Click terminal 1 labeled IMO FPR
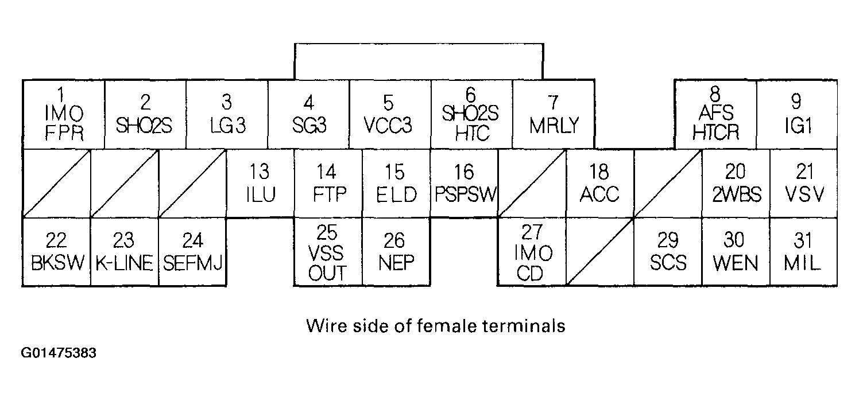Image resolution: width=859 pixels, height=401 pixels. (x=63, y=115)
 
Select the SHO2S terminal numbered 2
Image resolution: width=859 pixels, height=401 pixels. (x=145, y=115)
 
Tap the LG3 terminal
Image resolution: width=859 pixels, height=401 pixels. (x=227, y=115)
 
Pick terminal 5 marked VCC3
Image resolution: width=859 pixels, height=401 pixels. (x=389, y=115)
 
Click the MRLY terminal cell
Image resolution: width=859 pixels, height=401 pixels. (x=552, y=115)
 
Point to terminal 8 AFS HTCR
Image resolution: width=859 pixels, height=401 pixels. (x=715, y=115)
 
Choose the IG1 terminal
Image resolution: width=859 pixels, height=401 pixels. (x=796, y=115)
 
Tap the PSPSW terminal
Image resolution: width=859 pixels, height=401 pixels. (x=464, y=184)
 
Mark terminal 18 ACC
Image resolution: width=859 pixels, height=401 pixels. (x=599, y=184)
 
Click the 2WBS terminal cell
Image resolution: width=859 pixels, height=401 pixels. (x=736, y=184)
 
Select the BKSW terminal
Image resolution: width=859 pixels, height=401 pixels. (x=57, y=252)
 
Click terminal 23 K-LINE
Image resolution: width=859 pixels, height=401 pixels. (x=124, y=252)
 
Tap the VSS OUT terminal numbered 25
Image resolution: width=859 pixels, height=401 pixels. (x=328, y=252)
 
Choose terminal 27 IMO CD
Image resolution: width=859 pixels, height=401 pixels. (x=531, y=252)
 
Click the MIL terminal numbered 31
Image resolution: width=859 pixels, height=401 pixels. (x=803, y=252)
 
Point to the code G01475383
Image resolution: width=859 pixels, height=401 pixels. (x=59, y=352)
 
